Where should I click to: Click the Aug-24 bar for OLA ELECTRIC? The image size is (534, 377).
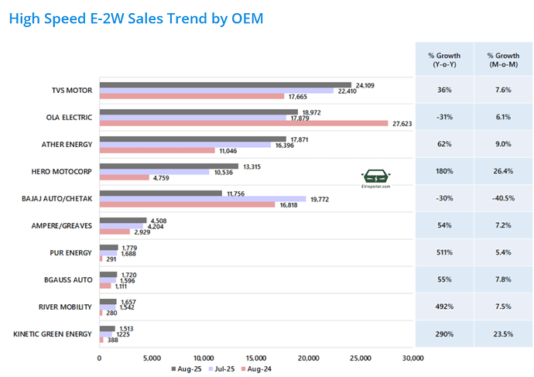pyautogui.click(x=243, y=123)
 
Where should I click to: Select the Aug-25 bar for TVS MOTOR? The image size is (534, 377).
pyautogui.click(x=225, y=85)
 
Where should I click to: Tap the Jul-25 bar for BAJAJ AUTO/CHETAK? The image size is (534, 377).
pyautogui.click(x=202, y=199)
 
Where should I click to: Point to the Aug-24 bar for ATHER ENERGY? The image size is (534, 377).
pyautogui.click(x=156, y=150)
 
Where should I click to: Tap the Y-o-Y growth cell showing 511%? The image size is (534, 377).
pyautogui.click(x=444, y=252)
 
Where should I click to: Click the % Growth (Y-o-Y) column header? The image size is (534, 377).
pyautogui.click(x=444, y=60)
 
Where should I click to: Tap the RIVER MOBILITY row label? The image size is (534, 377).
pyautogui.click(x=66, y=307)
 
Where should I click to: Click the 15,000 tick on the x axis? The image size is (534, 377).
pyautogui.click(x=256, y=358)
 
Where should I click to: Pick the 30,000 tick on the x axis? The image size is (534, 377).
pyautogui.click(x=413, y=358)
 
